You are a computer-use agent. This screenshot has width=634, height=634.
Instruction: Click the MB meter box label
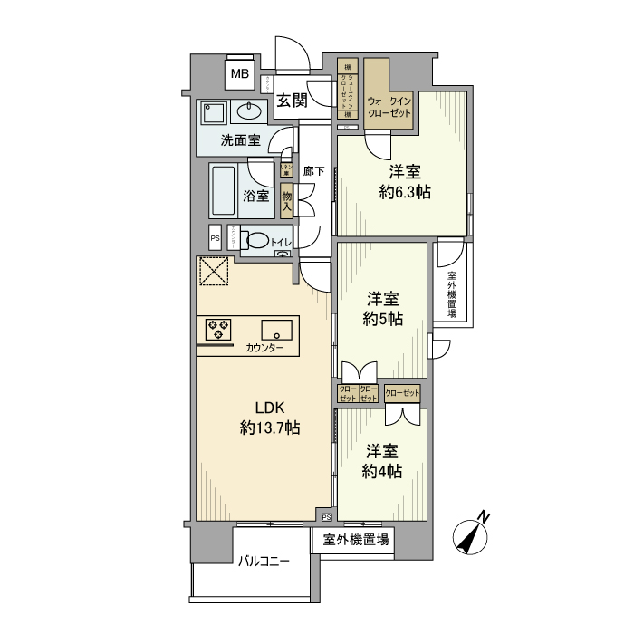coord(240,74)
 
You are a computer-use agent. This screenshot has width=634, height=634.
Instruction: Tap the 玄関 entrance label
coord(292,101)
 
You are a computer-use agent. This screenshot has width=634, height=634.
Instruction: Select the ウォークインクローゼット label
coord(389,108)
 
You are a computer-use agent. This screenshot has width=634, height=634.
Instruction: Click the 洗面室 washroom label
coord(241,140)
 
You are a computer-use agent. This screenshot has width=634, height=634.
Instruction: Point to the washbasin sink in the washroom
coord(248,112)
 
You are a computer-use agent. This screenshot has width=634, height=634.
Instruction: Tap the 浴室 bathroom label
coord(256,195)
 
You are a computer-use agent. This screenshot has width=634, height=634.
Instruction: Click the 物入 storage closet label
coord(286,200)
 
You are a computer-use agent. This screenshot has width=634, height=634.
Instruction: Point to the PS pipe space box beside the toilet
coord(215,239)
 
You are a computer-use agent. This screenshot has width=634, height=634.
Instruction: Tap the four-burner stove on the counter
coord(218,328)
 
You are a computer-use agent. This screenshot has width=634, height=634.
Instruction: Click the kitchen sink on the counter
coord(276,329)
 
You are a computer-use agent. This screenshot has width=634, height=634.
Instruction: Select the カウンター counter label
coord(264,348)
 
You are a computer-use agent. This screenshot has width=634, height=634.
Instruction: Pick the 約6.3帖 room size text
coord(404,192)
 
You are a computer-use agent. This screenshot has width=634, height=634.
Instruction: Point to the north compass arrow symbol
coord(473,536)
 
